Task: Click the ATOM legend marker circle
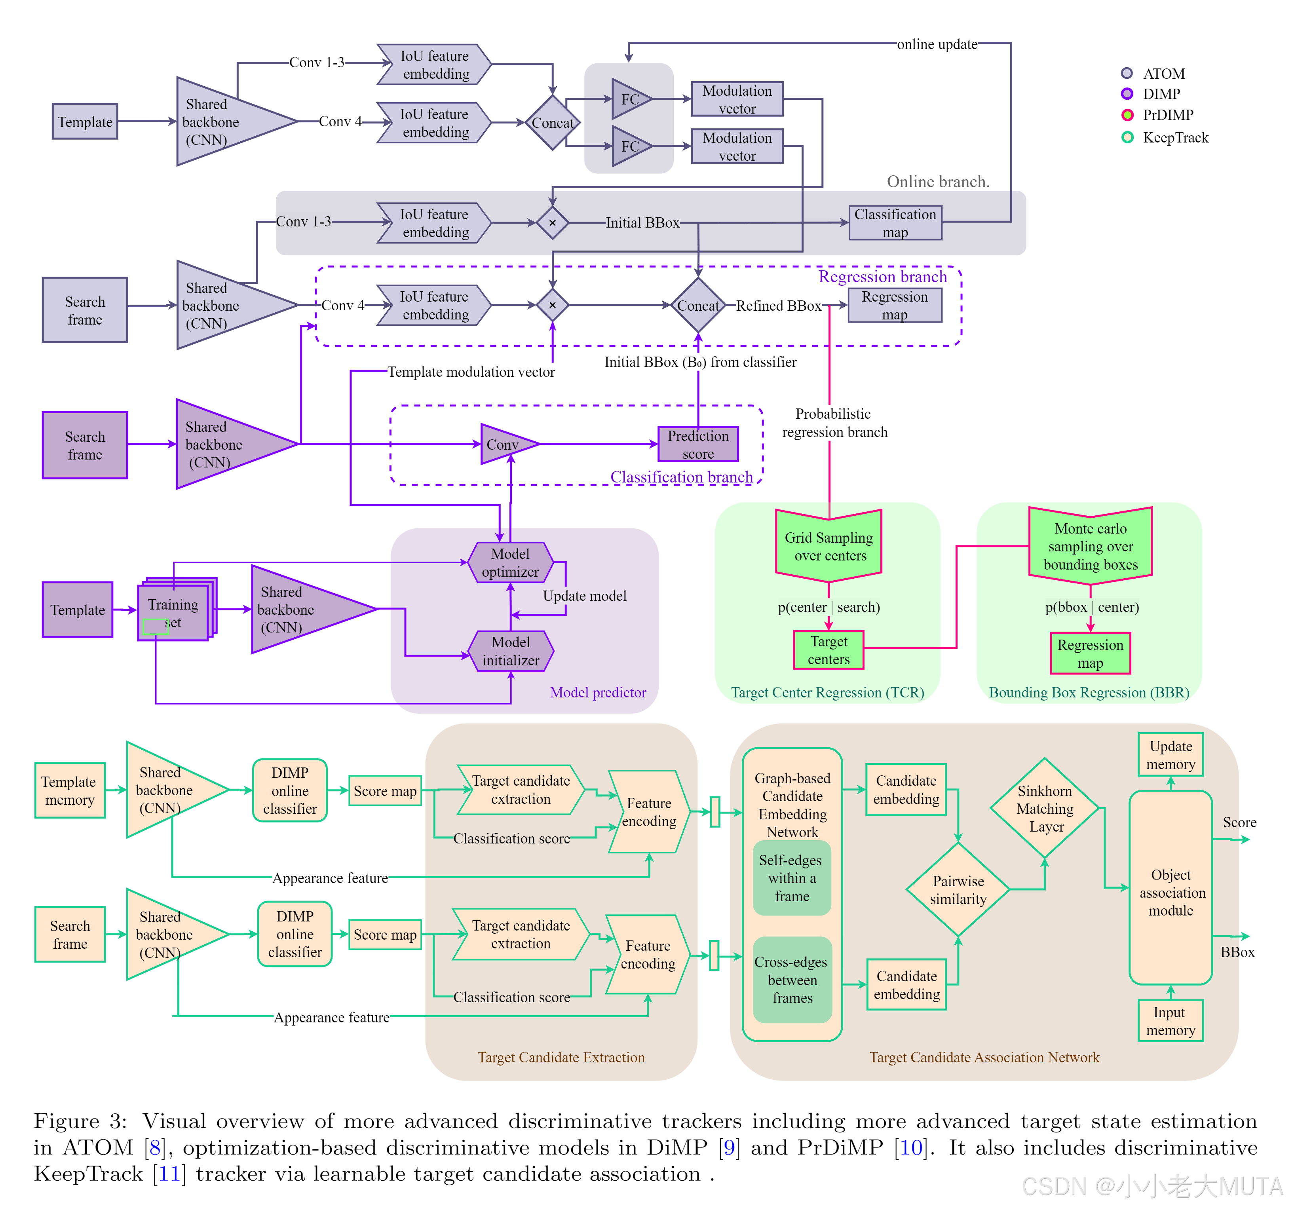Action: (x=1127, y=73)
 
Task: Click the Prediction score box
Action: (x=698, y=444)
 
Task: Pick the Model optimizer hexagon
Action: (x=510, y=562)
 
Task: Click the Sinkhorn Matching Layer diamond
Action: (x=1044, y=808)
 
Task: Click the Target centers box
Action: (x=828, y=650)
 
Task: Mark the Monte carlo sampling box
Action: (x=1090, y=545)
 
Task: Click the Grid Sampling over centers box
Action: (x=828, y=545)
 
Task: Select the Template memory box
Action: (x=70, y=790)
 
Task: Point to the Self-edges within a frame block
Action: (x=792, y=878)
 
